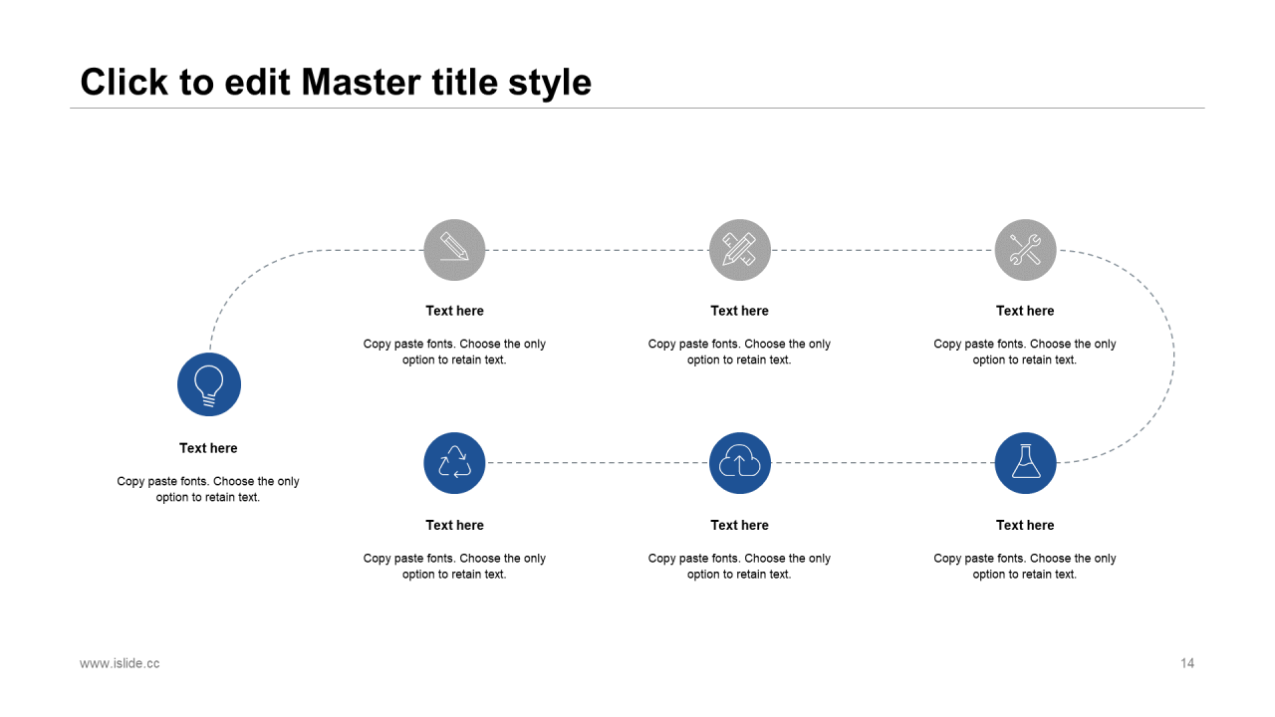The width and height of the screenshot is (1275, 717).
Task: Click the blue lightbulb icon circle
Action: tap(209, 384)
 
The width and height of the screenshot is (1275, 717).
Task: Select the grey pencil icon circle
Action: tap(454, 250)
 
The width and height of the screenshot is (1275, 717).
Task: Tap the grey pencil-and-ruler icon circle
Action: tap(740, 250)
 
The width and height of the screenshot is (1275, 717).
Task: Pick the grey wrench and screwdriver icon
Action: tap(1026, 250)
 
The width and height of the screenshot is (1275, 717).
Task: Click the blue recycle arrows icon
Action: tap(454, 463)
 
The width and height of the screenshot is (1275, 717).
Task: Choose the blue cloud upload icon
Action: tap(740, 463)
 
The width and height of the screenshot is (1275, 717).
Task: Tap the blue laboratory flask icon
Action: tap(1026, 463)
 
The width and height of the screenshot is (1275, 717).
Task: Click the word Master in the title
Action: tap(362, 83)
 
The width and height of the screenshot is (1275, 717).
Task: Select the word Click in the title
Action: tap(125, 82)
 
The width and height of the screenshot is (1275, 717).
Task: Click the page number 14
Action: tap(1187, 663)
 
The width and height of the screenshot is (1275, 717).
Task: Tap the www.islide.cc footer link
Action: tap(120, 663)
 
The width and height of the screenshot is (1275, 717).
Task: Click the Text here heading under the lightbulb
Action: tap(208, 448)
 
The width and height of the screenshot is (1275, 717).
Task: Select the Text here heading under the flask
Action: tap(1025, 525)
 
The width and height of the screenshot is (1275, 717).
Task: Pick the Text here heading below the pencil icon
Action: tap(455, 311)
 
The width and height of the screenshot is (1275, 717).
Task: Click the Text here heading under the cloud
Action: tap(739, 525)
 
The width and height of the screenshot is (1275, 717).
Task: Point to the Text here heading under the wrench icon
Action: tap(1025, 311)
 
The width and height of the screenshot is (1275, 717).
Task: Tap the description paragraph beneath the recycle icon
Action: tap(454, 567)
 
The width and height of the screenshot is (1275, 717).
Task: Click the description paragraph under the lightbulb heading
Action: tap(208, 489)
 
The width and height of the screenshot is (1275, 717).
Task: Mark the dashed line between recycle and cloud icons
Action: tap(597, 463)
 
